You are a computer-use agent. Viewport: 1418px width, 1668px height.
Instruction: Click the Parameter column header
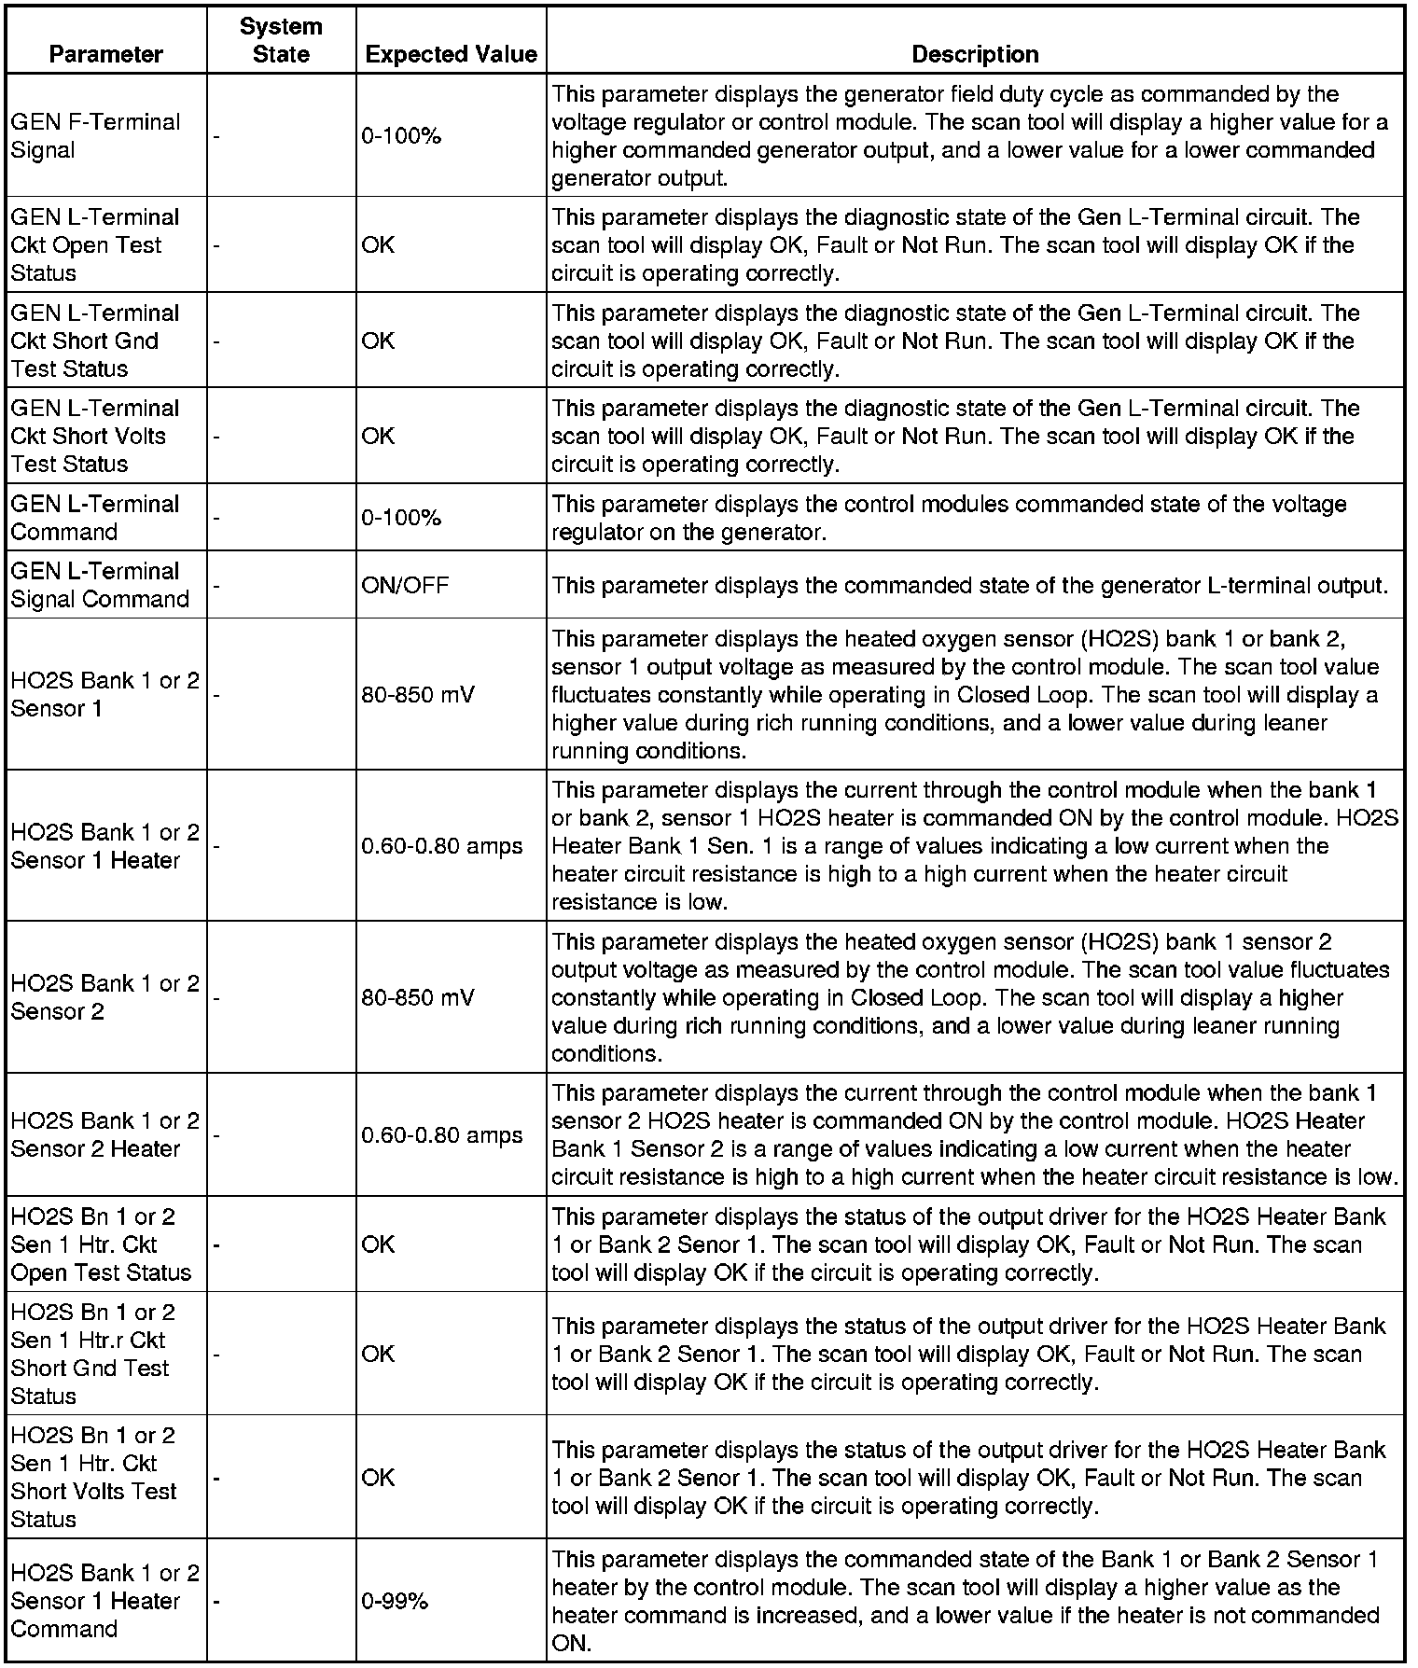[x=105, y=54]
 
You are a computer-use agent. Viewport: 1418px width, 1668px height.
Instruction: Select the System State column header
[x=281, y=40]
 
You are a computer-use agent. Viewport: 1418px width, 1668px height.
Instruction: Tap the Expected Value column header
[x=451, y=54]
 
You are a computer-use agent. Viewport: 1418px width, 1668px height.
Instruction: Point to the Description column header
[x=975, y=54]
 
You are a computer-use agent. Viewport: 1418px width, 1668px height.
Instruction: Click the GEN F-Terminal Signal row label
[x=95, y=136]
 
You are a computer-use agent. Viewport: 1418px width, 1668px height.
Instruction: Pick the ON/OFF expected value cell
[x=405, y=585]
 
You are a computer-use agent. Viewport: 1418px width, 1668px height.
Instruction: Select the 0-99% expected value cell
[x=395, y=1601]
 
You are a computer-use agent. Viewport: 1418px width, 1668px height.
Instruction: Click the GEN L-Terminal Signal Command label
[x=100, y=585]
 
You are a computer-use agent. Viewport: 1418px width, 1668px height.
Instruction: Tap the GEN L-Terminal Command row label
[x=95, y=518]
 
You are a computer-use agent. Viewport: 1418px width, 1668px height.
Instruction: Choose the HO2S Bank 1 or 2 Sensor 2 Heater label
[x=104, y=1134]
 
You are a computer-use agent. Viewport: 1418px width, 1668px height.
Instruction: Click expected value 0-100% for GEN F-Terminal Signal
[x=401, y=136]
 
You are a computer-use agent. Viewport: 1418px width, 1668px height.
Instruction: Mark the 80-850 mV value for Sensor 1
[x=418, y=694]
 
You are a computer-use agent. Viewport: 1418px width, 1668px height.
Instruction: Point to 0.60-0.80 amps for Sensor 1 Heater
[x=442, y=846]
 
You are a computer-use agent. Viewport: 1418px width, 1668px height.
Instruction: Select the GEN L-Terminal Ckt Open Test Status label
[x=95, y=244]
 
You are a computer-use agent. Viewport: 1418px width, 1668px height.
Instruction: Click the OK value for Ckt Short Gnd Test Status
[x=378, y=341]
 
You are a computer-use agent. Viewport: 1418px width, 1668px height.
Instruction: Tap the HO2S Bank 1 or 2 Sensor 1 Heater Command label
[x=104, y=1601]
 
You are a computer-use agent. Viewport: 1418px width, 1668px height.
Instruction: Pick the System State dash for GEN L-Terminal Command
[x=216, y=518]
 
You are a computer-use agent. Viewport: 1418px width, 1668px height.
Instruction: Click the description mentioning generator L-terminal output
[x=970, y=585]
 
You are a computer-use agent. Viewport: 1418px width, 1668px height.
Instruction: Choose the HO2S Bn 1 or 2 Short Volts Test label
[x=93, y=1477]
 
